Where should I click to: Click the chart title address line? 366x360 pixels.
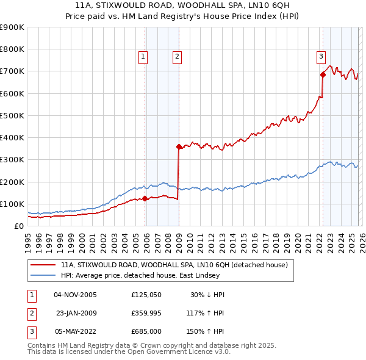pyautogui.click(x=184, y=6)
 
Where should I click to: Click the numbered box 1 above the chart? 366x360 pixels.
pyautogui.click(x=143, y=57)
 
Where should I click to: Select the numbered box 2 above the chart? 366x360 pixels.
pyautogui.click(x=177, y=57)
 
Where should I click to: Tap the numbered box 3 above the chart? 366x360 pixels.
pyautogui.click(x=320, y=57)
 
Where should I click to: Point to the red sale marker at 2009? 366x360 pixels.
pyautogui.click(x=179, y=146)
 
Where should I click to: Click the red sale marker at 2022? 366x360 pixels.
pyautogui.click(x=323, y=75)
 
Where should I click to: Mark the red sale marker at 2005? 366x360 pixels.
pyautogui.click(x=145, y=198)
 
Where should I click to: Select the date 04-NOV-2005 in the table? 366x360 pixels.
pyautogui.click(x=75, y=295)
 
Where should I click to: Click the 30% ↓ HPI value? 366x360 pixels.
pyautogui.click(x=207, y=295)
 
